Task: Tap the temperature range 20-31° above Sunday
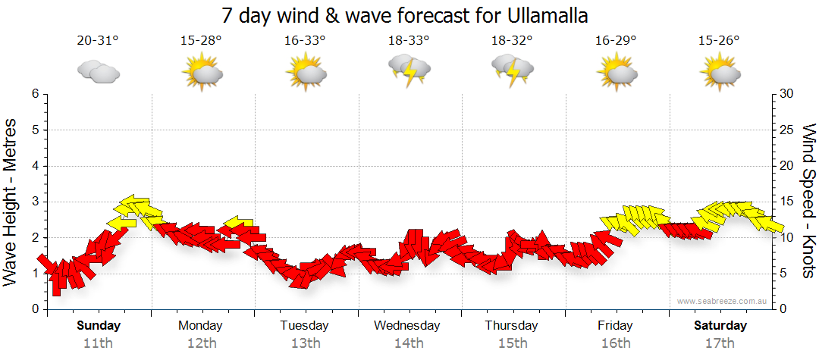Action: [x=99, y=41]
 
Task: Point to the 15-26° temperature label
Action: [x=719, y=41]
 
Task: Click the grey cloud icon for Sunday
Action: [x=99, y=71]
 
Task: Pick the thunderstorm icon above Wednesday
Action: [x=409, y=70]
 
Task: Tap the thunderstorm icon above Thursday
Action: [x=512, y=70]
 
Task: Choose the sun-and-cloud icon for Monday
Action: [x=202, y=73]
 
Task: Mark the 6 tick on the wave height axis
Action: [x=35, y=94]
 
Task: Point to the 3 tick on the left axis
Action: [x=35, y=202]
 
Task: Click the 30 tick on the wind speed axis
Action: [x=787, y=94]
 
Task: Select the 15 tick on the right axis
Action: [x=787, y=202]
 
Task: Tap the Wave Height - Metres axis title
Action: [x=11, y=202]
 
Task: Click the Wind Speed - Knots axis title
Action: [x=808, y=202]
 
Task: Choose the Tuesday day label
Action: [x=305, y=326]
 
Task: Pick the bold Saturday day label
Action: [x=720, y=326]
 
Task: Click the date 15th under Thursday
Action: [x=513, y=343]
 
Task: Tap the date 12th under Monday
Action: [x=201, y=343]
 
